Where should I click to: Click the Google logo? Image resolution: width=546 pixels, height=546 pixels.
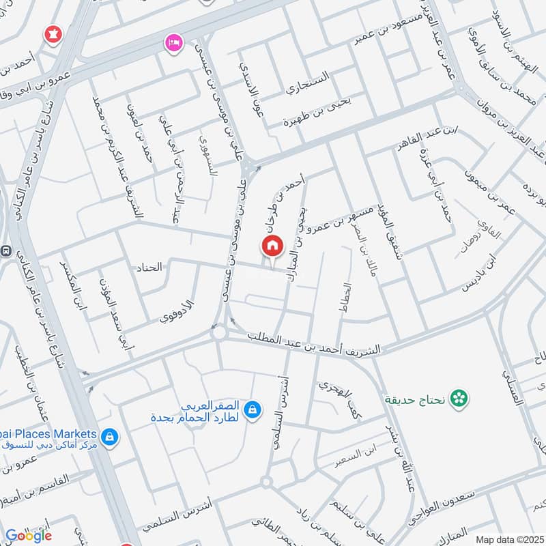click(x=29, y=535)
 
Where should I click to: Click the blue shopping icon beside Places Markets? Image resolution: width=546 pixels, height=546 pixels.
click(x=109, y=435)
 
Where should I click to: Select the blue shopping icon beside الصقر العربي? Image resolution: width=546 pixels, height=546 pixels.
click(x=253, y=409)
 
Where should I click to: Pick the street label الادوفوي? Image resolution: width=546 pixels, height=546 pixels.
click(x=177, y=311)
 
